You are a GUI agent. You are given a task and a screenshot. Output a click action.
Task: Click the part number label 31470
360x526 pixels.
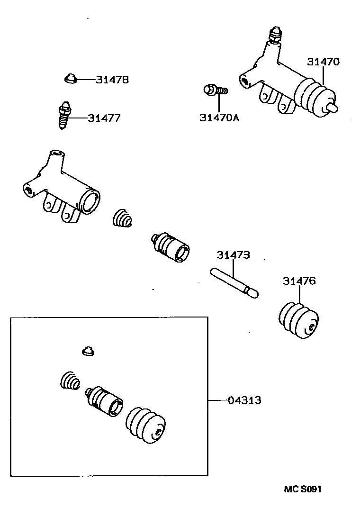(323, 62)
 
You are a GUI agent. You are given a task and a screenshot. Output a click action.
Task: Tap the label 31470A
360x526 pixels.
(219, 118)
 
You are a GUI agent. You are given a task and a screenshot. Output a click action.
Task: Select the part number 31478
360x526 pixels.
(112, 80)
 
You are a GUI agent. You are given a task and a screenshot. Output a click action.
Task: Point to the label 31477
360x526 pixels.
(104, 118)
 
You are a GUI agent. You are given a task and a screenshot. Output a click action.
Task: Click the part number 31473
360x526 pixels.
(234, 255)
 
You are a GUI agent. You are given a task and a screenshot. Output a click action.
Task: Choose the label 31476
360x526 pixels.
(299, 281)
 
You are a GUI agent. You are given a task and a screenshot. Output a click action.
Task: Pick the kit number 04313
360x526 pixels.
(244, 400)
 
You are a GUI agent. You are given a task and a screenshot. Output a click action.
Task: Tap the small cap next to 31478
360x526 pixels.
(71, 78)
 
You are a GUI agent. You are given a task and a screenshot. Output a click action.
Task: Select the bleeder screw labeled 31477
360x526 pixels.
(64, 115)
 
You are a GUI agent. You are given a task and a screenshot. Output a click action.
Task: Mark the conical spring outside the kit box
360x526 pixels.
(123, 218)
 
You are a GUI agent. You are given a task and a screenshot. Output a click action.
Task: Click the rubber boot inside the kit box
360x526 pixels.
(145, 424)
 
